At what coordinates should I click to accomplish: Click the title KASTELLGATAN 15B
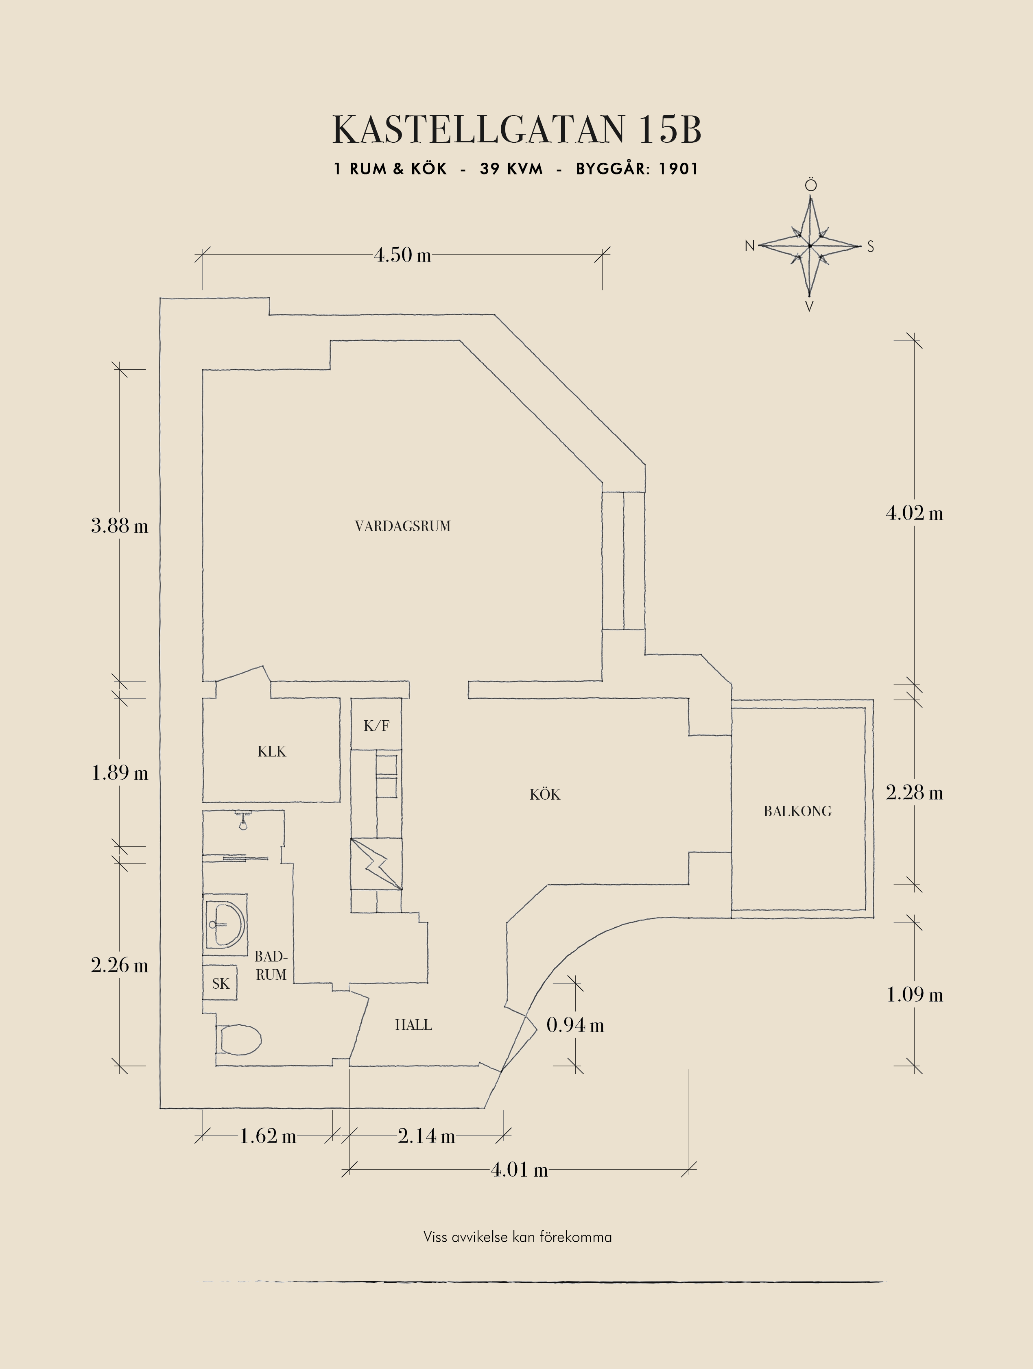tap(517, 130)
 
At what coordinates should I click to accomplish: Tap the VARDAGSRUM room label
tap(402, 526)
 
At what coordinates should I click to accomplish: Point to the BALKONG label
tap(797, 811)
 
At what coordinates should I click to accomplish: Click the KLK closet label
tap(272, 751)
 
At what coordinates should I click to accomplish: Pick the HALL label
tap(413, 1025)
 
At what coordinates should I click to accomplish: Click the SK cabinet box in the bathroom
tap(221, 983)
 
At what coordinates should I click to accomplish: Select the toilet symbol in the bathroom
tap(240, 1040)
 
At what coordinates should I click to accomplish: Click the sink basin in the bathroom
tap(226, 924)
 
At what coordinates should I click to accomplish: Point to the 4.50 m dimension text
tap(402, 255)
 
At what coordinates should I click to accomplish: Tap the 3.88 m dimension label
tap(120, 526)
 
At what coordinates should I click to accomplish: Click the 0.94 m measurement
tap(575, 1025)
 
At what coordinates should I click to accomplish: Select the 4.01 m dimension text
tap(519, 1170)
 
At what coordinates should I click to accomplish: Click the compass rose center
tap(810, 246)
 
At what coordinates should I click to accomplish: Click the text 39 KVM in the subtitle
tap(511, 169)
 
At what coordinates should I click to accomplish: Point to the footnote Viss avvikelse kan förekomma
tap(518, 1237)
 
